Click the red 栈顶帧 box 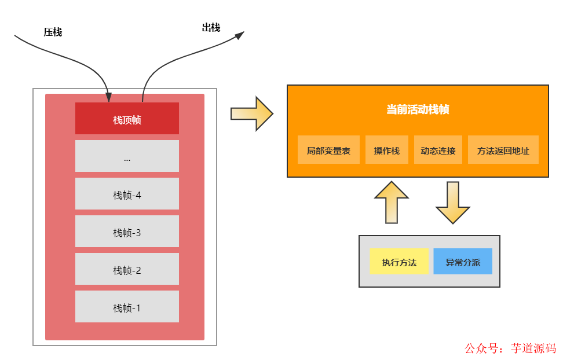coord(127,119)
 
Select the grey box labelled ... coord(127,156)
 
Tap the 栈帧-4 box coord(127,194)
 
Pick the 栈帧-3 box coord(127,232)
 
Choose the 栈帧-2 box coord(127,269)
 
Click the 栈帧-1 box coord(127,307)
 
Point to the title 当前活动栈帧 coord(418,109)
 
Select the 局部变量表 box coord(328,150)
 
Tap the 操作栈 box coord(387,150)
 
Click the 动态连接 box coord(438,150)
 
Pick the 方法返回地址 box coord(503,150)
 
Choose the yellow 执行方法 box coord(399,262)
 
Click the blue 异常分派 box coord(463,262)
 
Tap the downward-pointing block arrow coord(452,202)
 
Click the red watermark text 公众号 coord(481,348)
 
